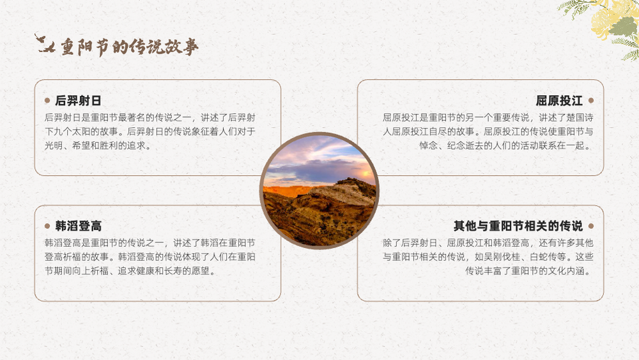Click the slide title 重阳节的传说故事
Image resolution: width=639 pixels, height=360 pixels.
pyautogui.click(x=130, y=47)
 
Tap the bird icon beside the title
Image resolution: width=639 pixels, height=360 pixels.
pyautogui.click(x=45, y=43)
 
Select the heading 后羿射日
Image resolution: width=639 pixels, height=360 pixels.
pyautogui.click(x=78, y=100)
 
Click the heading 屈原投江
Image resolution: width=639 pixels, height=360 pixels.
pyautogui.click(x=559, y=100)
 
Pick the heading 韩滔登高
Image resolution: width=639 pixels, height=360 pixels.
pyautogui.click(x=78, y=226)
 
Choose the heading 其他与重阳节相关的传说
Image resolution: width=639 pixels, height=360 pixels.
pyautogui.click(x=518, y=226)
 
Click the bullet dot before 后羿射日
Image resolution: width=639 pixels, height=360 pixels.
pyautogui.click(x=47, y=100)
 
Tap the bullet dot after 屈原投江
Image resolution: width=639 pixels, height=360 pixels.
pyautogui.click(x=591, y=100)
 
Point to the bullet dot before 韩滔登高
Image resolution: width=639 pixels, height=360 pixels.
pyautogui.click(x=47, y=226)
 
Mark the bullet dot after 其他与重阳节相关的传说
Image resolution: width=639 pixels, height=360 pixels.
pyautogui.click(x=591, y=226)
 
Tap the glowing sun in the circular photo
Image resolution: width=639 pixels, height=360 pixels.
pyautogui.click(x=366, y=175)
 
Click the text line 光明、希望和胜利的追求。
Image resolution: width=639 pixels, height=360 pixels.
pyautogui.click(x=98, y=146)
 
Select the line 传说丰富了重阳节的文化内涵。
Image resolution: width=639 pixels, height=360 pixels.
pyautogui.click(x=529, y=270)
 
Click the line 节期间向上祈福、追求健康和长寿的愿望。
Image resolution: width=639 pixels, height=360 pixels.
pyautogui.click(x=130, y=270)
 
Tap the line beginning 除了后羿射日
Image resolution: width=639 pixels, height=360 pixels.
pyautogui.click(x=488, y=243)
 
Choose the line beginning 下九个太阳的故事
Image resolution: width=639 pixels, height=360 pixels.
pyautogui.click(x=150, y=132)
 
